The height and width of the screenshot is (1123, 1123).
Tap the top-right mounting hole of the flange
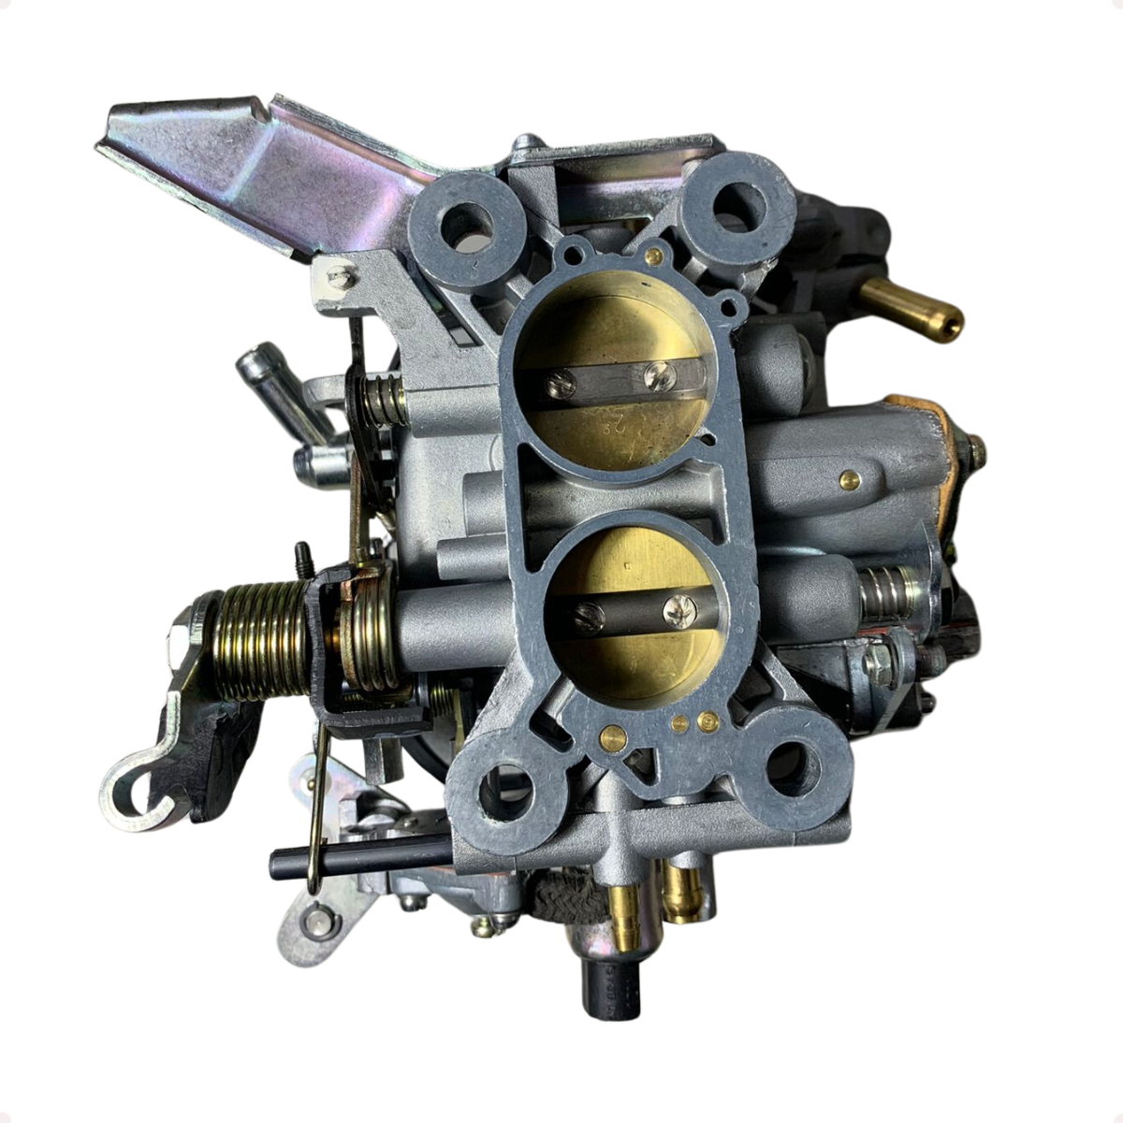[739, 200]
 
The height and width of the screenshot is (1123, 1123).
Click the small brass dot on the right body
[849, 480]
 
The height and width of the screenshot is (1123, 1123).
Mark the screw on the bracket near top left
[342, 275]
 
